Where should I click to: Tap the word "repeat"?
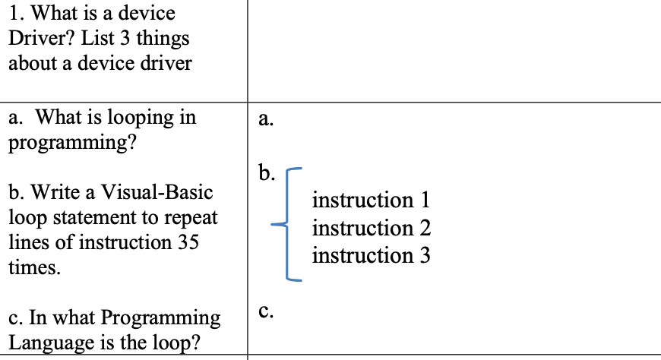[x=191, y=217]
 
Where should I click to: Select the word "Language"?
[x=47, y=343]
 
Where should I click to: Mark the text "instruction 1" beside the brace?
[x=371, y=201]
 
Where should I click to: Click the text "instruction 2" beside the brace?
[x=371, y=228]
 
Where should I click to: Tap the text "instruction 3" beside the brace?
[x=371, y=255]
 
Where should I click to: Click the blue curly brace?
[x=289, y=224]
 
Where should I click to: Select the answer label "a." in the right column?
[x=265, y=118]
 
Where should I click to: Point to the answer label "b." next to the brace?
[x=266, y=174]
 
